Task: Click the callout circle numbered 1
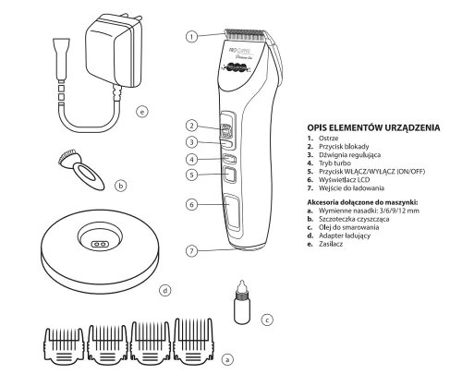coord(191,37)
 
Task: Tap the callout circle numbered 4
coord(189,159)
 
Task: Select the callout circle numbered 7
coord(189,250)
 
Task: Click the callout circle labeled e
coord(141,114)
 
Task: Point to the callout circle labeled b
coord(120,185)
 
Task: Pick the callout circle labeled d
coord(164,290)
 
